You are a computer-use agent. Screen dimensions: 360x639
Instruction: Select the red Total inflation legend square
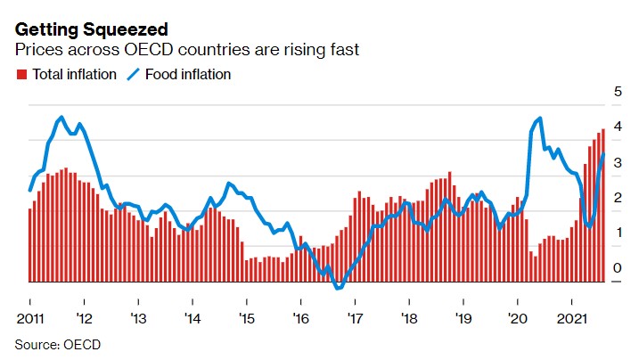click(x=22, y=75)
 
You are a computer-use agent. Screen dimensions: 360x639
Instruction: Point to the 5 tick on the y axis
click(x=618, y=91)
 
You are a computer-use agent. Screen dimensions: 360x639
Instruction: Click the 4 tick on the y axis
click(x=618, y=127)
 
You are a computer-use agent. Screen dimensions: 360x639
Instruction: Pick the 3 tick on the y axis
click(x=618, y=162)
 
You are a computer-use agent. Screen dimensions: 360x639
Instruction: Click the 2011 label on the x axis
click(x=30, y=317)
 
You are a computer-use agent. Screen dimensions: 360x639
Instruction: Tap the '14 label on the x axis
click(x=191, y=317)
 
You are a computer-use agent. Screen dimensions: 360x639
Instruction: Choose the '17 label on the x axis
click(x=354, y=317)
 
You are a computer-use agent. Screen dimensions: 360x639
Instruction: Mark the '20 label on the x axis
click(x=517, y=317)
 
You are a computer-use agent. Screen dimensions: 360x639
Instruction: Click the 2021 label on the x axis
click(x=571, y=317)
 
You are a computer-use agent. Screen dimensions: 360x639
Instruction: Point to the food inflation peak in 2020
click(x=540, y=119)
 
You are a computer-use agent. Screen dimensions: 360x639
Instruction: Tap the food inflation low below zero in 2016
click(x=338, y=288)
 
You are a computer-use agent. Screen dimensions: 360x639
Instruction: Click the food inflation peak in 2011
click(x=61, y=118)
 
